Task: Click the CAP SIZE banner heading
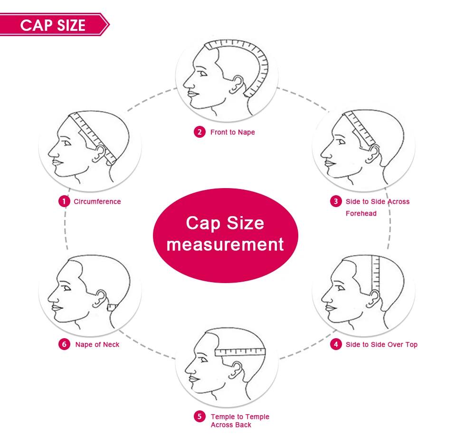pyautogui.click(x=53, y=25)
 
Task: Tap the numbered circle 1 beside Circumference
pyautogui.click(x=64, y=201)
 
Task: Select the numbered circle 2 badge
pyautogui.click(x=199, y=132)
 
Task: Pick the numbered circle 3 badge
pyautogui.click(x=336, y=201)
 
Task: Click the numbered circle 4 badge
pyautogui.click(x=336, y=344)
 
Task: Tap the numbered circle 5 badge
pyautogui.click(x=199, y=417)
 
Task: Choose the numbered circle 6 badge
pyautogui.click(x=64, y=344)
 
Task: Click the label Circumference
pyautogui.click(x=97, y=201)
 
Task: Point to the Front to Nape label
pyautogui.click(x=232, y=132)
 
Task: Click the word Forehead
pyautogui.click(x=361, y=213)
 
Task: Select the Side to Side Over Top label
pyautogui.click(x=381, y=344)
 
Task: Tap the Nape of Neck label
pyautogui.click(x=97, y=344)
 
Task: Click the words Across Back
pyautogui.click(x=231, y=425)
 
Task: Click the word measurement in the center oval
pyautogui.click(x=225, y=245)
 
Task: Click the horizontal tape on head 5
pyautogui.click(x=240, y=352)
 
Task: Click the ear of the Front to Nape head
pyautogui.click(x=236, y=85)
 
